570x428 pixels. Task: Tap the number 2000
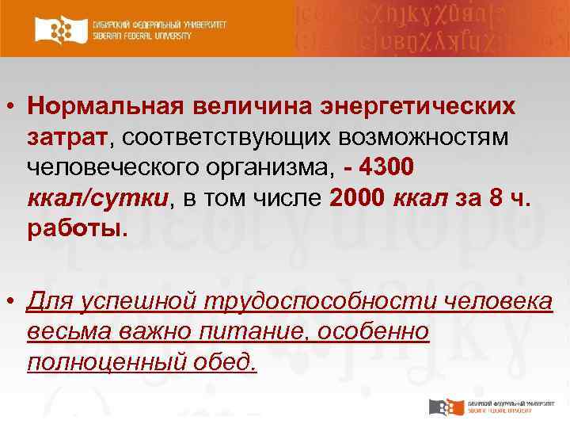point(354,199)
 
